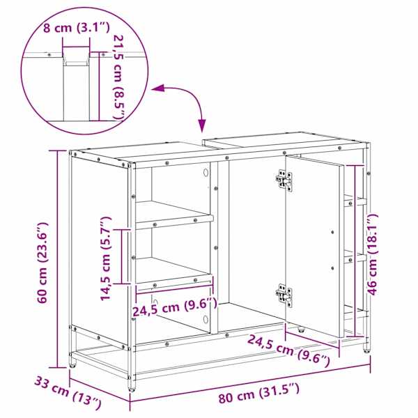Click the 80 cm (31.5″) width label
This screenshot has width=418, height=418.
[258, 392]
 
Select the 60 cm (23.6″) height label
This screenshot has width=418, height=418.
[42, 263]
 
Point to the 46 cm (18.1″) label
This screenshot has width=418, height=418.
[373, 254]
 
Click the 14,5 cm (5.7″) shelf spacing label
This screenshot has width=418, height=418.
[105, 258]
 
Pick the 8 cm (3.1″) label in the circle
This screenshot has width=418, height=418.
[76, 28]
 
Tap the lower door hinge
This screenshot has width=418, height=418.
[284, 295]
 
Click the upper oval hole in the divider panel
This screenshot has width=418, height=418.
[206, 173]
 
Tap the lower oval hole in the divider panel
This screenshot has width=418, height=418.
[206, 319]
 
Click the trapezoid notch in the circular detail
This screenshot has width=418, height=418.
[76, 56]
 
